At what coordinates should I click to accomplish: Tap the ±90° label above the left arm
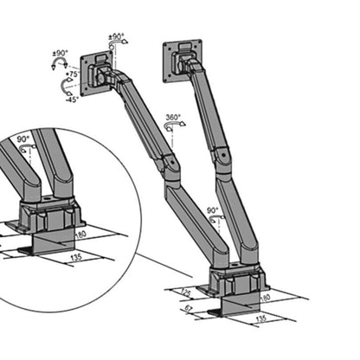(117, 38)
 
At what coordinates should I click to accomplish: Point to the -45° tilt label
(72, 98)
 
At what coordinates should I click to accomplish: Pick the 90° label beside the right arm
(212, 210)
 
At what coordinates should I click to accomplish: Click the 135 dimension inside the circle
(76, 258)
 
